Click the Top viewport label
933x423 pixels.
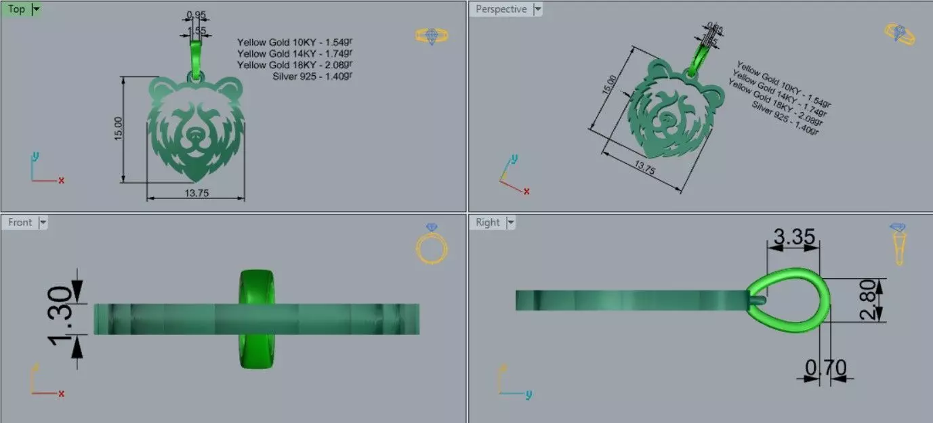16,9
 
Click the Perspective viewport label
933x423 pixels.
501,9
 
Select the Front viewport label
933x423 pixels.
20,222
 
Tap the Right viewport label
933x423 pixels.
487,222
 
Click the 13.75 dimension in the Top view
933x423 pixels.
196,194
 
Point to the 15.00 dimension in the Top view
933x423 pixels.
119,129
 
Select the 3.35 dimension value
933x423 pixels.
792,238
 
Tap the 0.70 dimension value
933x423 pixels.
826,368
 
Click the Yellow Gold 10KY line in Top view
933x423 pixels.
295,42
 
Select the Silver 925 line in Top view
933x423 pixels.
312,76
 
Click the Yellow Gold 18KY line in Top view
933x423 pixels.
295,64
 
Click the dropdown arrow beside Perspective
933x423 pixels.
537,9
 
